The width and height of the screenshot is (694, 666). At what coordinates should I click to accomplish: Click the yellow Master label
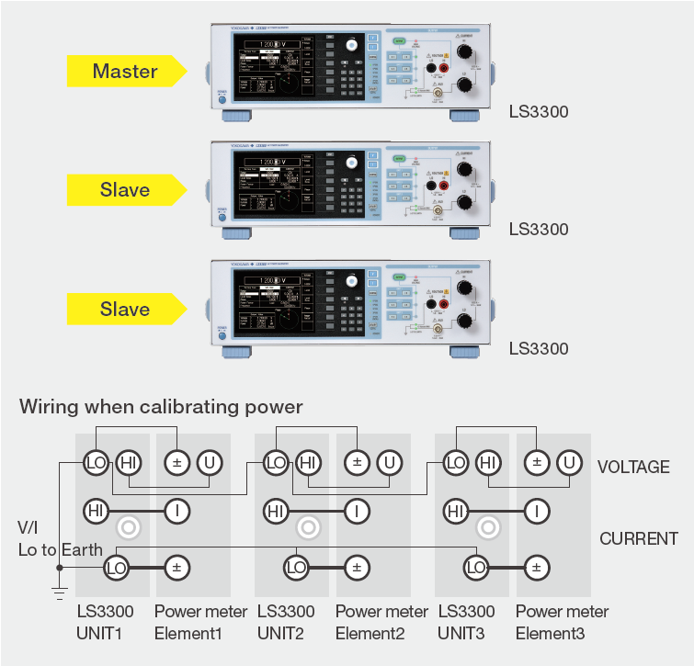tap(124, 71)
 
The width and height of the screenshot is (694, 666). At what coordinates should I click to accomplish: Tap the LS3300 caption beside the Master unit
tap(539, 113)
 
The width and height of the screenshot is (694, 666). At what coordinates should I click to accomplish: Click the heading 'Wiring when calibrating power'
tap(161, 406)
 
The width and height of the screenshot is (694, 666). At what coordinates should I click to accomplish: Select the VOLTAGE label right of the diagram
tap(633, 467)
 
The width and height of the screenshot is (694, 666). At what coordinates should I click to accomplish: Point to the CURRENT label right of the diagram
tap(639, 538)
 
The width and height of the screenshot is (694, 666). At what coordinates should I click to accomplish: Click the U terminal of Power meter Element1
tap(210, 463)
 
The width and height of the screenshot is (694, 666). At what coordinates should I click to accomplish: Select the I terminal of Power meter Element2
tap(357, 510)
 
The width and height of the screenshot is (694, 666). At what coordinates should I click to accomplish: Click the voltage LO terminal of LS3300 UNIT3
tap(455, 463)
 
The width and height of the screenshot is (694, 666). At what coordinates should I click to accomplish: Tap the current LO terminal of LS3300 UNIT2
tap(296, 569)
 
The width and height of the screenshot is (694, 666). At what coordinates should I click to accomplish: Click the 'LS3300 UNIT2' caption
tap(286, 622)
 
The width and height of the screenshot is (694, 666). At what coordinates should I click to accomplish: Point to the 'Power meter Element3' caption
tap(562, 622)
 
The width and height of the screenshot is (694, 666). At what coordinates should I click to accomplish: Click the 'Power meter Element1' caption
tap(200, 622)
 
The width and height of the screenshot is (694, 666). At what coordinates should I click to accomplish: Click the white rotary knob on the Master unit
tap(350, 45)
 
